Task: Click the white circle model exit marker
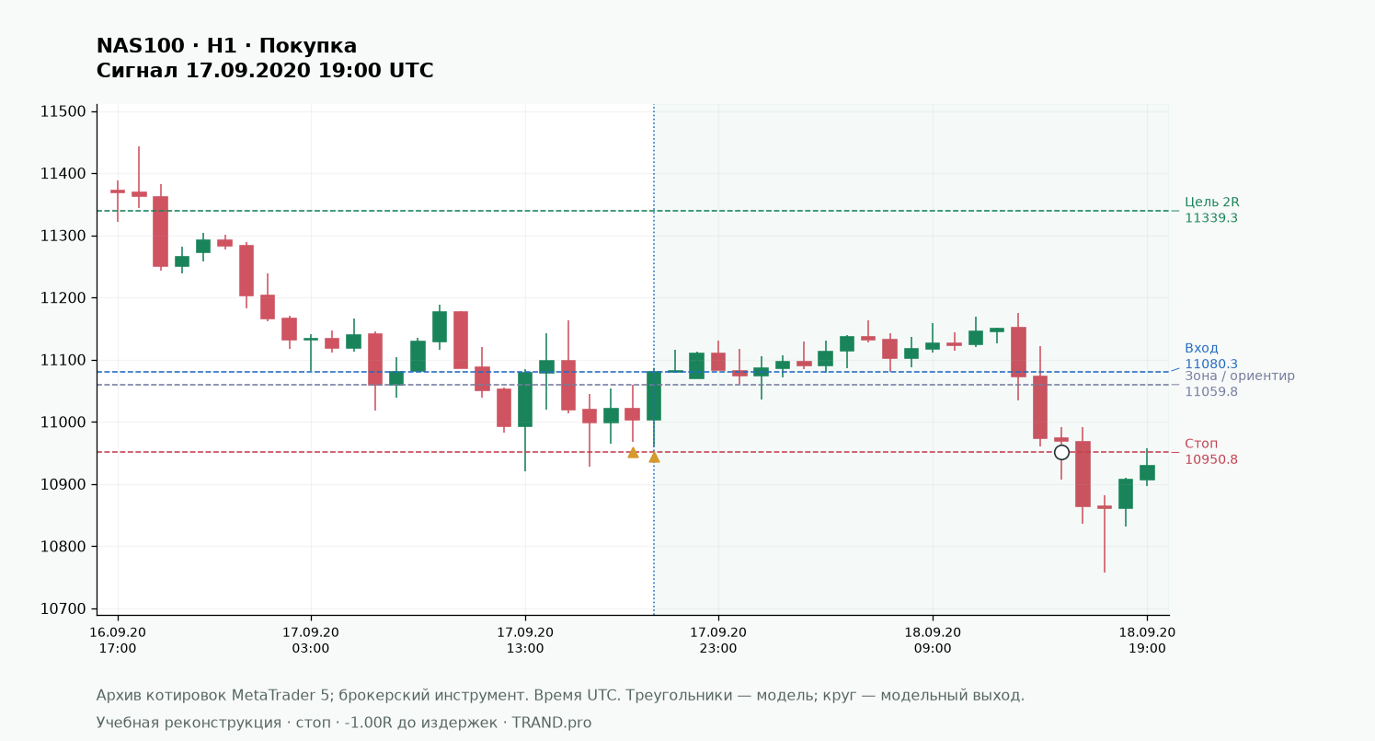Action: coord(1061,453)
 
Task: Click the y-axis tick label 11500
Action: coord(63,111)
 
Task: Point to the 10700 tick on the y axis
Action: coord(63,608)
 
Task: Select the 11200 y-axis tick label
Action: coord(63,298)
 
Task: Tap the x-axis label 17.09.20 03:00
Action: coord(311,641)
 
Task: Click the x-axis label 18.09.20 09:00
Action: coord(933,641)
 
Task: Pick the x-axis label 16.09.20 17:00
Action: coord(118,641)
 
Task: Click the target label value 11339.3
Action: coord(1211,218)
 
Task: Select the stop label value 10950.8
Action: coord(1211,459)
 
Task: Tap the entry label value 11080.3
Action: coord(1211,364)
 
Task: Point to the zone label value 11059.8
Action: coord(1211,391)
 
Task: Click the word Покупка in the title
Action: coord(307,46)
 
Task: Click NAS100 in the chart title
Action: coord(140,46)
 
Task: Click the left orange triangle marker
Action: coord(633,453)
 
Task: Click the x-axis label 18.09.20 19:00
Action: coord(1147,641)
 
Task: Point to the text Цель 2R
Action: coord(1211,203)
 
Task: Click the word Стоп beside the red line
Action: coord(1201,444)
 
